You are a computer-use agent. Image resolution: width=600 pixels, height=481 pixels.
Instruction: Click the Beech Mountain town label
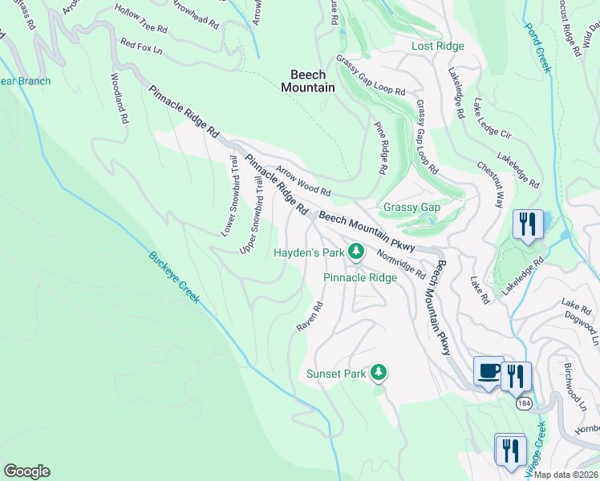(x=308, y=81)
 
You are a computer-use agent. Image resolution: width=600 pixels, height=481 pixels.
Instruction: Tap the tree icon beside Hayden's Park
(x=357, y=253)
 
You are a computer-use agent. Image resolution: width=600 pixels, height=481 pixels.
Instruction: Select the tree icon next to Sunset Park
(x=379, y=373)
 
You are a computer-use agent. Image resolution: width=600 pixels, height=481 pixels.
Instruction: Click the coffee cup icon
(x=489, y=371)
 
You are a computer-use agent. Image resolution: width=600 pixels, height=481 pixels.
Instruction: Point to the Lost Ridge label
(x=438, y=46)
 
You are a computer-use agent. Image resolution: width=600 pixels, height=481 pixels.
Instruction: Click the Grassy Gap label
(x=411, y=208)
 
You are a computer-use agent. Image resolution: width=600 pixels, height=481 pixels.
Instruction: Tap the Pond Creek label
(x=538, y=47)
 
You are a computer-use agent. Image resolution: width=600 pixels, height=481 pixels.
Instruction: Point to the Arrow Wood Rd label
(x=303, y=182)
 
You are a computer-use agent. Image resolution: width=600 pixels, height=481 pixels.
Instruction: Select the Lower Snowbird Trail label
(x=229, y=196)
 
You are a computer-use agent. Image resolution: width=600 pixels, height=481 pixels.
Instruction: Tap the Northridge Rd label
(x=401, y=262)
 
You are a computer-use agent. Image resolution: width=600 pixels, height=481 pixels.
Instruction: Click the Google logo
(x=26, y=471)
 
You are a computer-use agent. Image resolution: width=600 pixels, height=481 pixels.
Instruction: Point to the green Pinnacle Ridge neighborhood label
(x=360, y=278)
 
